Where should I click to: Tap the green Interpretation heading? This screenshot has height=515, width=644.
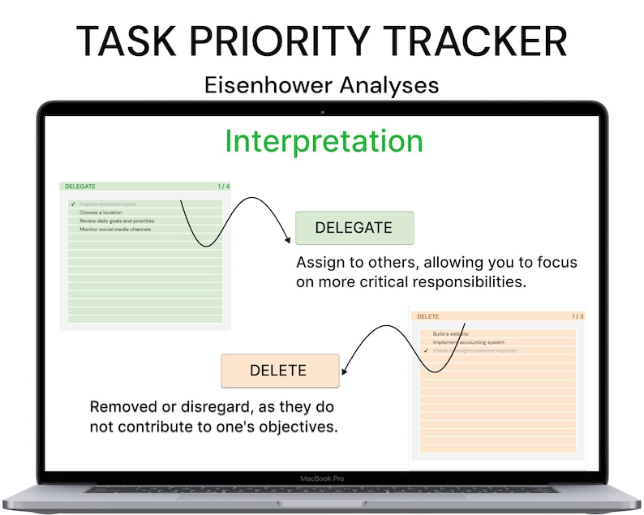pyautogui.click(x=324, y=141)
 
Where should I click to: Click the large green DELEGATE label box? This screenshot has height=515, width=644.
pyautogui.click(x=354, y=228)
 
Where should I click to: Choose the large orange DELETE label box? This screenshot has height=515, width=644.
pyautogui.click(x=279, y=371)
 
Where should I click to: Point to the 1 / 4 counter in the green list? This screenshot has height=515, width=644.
pyautogui.click(x=223, y=187)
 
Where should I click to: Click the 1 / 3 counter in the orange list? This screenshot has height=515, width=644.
pyautogui.click(x=577, y=316)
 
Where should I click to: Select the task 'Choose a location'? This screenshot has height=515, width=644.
pyautogui.click(x=101, y=212)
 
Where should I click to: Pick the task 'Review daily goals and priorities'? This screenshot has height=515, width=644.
pyautogui.click(x=117, y=221)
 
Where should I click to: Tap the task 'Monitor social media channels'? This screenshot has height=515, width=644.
pyautogui.click(x=115, y=230)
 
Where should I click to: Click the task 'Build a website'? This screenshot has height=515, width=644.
pyautogui.click(x=451, y=334)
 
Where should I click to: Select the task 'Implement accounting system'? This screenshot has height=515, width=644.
pyautogui.click(x=468, y=342)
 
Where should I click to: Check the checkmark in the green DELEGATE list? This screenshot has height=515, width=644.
pyautogui.click(x=72, y=204)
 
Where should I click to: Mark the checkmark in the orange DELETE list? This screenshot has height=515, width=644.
pyautogui.click(x=425, y=350)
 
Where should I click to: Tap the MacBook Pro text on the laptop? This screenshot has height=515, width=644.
pyautogui.click(x=322, y=479)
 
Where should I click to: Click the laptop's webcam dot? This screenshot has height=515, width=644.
pyautogui.click(x=322, y=111)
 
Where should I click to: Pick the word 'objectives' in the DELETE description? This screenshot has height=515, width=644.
pyautogui.click(x=297, y=426)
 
